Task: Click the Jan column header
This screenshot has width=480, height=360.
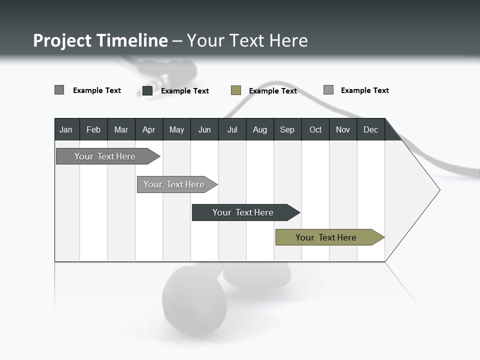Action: pos(66,129)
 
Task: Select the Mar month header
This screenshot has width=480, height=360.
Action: pos(121,129)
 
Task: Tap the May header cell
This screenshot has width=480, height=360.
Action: pos(176,129)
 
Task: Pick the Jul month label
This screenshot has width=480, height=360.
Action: pos(232,129)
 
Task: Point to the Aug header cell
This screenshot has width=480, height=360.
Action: pos(259,129)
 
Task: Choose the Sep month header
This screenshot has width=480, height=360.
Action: pos(287,129)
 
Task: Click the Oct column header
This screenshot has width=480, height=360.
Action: pos(315,129)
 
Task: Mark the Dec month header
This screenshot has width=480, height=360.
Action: pos(370,129)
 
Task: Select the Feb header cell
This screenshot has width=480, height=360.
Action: pos(93,129)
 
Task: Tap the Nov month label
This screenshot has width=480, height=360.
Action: pos(343,129)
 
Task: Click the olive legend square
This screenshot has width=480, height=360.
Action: pos(236,90)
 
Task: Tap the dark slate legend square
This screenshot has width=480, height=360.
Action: pos(147,90)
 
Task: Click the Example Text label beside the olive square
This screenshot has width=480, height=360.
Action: pos(273,91)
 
